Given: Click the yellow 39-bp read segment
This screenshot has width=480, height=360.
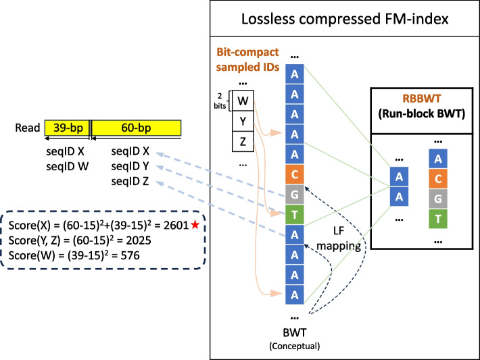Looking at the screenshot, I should pos(67,126).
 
